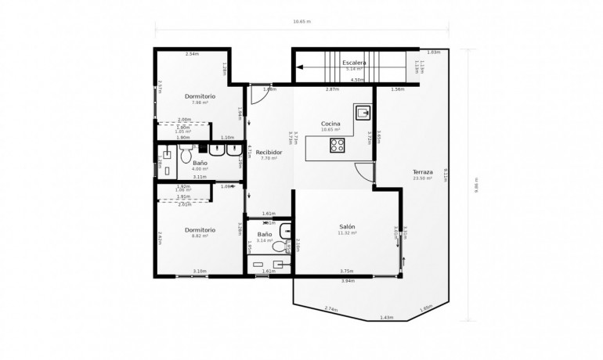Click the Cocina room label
point(330,124)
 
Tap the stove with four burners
point(338,144)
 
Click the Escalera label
point(354,63)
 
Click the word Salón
point(347,226)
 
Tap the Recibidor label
point(269,152)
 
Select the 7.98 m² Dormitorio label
point(200,96)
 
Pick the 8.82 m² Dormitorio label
point(200,229)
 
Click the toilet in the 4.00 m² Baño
point(186,156)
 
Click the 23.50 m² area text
point(423,178)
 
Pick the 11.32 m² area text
point(347,232)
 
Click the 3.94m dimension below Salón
point(348,280)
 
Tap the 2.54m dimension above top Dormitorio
point(192,54)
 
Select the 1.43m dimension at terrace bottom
point(386,317)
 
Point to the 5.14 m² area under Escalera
point(354,69)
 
